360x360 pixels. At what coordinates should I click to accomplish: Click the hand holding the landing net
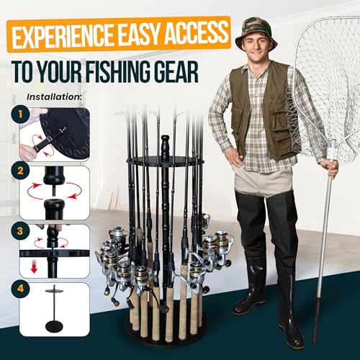(330, 168)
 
